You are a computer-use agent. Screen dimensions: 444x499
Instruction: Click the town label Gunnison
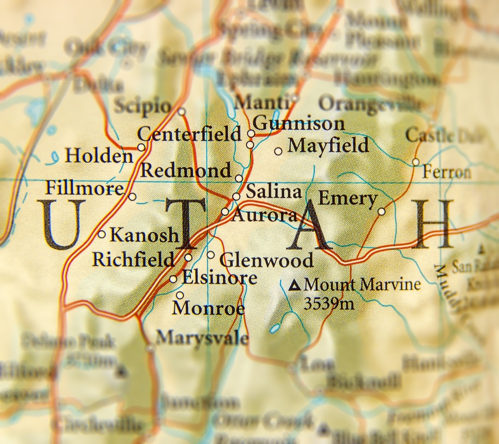click(x=299, y=124)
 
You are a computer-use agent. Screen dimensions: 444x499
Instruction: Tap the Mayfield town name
click(x=328, y=146)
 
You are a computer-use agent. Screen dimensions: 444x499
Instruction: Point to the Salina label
click(x=273, y=192)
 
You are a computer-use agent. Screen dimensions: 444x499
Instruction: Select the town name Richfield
click(x=133, y=259)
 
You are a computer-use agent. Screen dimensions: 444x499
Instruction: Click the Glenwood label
click(x=266, y=261)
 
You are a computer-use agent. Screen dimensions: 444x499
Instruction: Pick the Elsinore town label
click(x=220, y=278)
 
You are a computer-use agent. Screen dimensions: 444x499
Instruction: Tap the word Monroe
click(x=208, y=309)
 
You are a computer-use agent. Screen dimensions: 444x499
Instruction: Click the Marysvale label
click(x=202, y=337)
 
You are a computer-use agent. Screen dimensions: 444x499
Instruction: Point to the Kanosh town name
click(x=143, y=236)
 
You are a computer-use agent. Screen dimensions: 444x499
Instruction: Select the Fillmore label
click(x=84, y=189)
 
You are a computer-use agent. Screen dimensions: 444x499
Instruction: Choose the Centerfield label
click(x=189, y=134)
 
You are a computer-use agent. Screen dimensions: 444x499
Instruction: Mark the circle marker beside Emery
click(x=381, y=212)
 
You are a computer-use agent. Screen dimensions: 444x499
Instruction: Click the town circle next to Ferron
click(x=415, y=162)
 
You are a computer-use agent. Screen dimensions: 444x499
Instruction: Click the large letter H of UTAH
click(x=434, y=223)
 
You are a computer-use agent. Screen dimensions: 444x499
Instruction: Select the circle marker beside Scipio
click(x=181, y=112)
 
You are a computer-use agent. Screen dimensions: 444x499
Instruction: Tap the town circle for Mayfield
click(x=278, y=151)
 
